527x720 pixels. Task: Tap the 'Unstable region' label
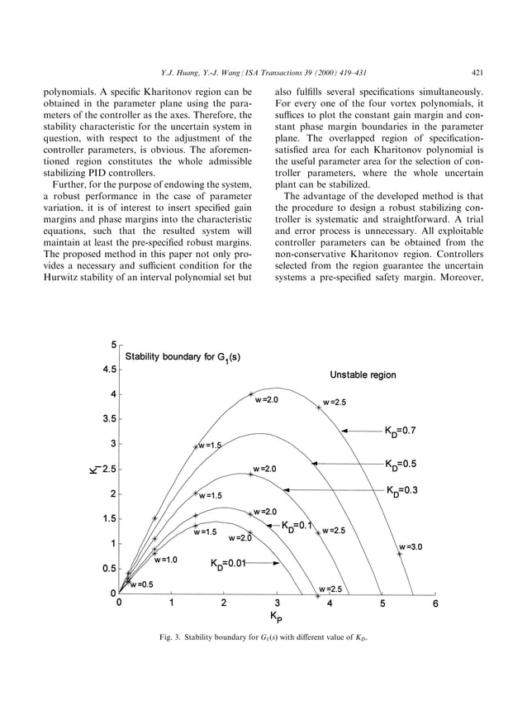coord(363,374)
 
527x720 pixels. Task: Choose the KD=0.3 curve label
coord(404,490)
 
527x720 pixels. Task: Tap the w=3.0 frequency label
coord(411,546)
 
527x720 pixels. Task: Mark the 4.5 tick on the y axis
coord(108,370)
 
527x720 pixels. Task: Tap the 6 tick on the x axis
coord(435,604)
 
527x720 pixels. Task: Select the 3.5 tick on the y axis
coord(108,419)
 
